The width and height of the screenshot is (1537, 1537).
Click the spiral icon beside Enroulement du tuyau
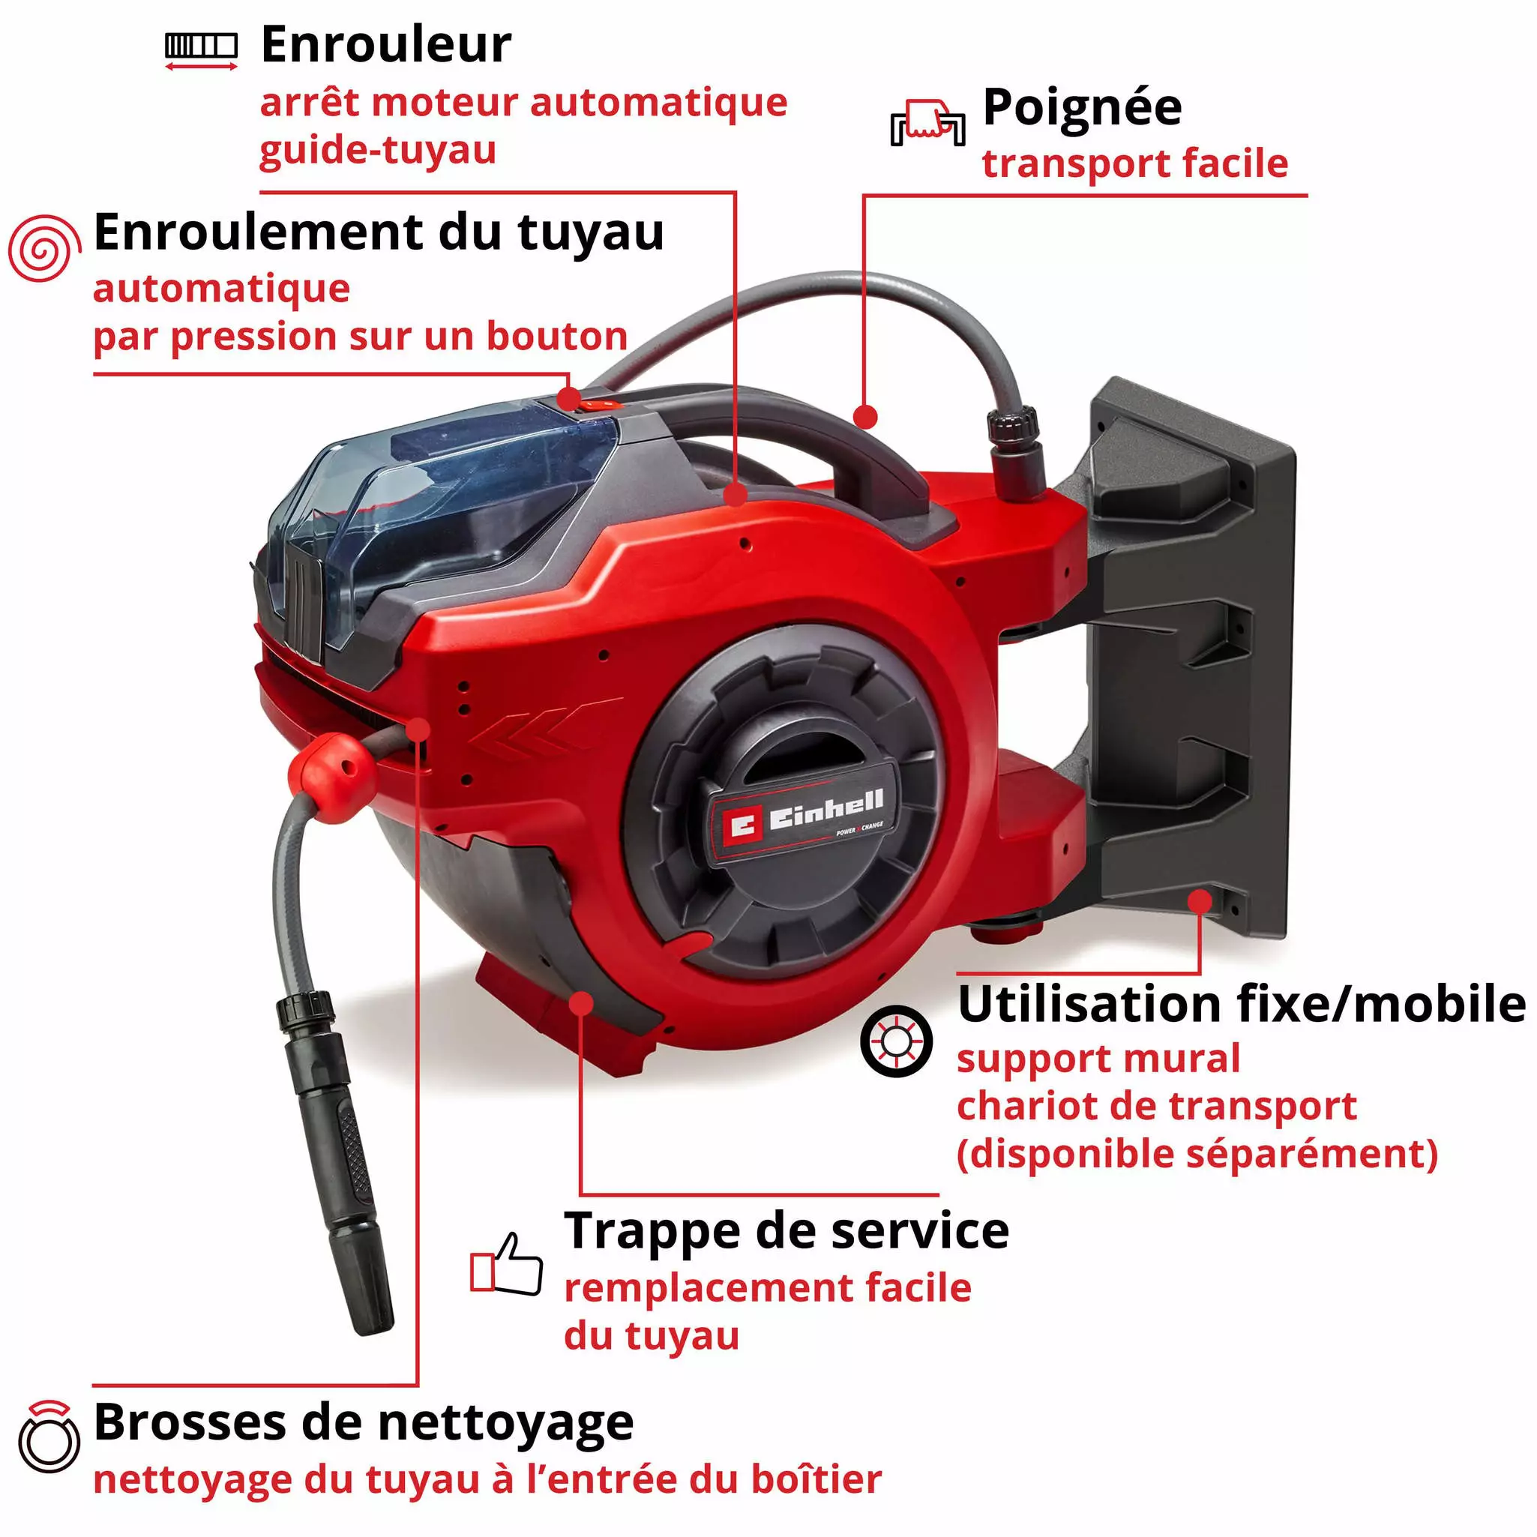[44, 248]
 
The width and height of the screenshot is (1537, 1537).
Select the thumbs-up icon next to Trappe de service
[507, 1263]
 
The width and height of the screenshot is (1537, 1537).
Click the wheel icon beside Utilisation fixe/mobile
[896, 1041]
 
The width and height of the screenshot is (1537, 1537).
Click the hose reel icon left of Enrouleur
[201, 48]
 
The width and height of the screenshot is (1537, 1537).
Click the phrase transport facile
[1134, 164]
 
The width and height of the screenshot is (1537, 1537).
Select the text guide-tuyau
[378, 149]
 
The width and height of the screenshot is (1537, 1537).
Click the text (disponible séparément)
[1197, 1154]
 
